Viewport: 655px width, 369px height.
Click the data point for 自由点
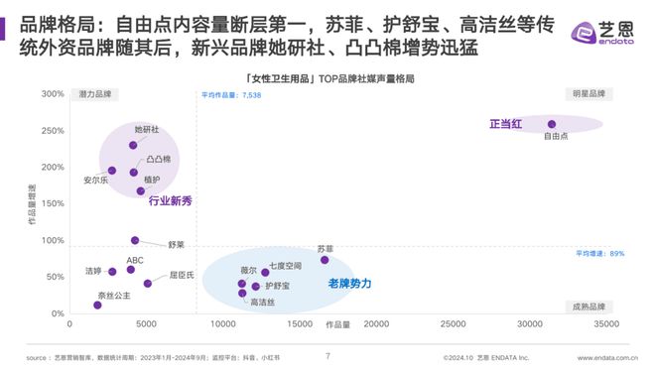point(552,125)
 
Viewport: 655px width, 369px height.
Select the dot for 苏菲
point(325,260)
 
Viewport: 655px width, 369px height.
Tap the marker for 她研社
point(133,145)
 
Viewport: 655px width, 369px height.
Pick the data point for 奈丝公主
point(96,306)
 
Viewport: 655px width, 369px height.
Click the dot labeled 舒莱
point(135,240)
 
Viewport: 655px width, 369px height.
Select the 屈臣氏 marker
point(148,284)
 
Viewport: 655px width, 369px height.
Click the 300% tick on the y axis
point(52,95)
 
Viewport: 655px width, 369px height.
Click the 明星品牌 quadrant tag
point(584,94)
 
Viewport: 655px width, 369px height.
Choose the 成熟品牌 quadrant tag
point(584,307)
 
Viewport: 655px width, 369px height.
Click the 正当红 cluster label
point(507,124)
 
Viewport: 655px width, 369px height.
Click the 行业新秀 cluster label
point(170,201)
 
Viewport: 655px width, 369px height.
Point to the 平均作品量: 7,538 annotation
point(231,95)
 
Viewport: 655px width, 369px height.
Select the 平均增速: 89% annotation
point(600,254)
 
